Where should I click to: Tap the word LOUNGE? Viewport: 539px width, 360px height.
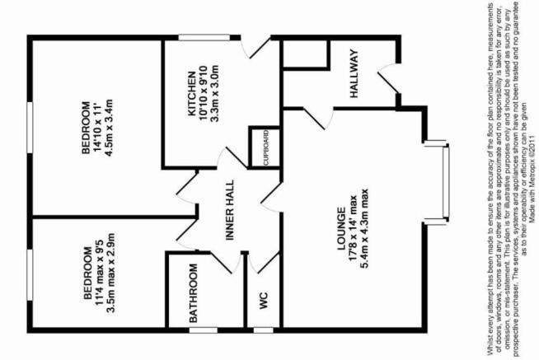341,229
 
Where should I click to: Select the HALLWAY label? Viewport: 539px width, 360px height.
354,73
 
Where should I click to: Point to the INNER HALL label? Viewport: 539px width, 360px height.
229,210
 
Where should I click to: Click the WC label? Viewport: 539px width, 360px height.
263,301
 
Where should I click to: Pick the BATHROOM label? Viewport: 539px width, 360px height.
193,293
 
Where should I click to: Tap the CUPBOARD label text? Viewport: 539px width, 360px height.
265,148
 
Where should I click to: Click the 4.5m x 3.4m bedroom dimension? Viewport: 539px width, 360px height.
109,128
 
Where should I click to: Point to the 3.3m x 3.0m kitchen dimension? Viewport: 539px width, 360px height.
214,93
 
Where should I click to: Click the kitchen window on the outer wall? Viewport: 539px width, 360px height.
204,37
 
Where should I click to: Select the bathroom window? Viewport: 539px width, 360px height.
204,330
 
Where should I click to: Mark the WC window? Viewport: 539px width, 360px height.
263,330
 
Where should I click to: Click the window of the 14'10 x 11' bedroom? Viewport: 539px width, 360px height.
30,127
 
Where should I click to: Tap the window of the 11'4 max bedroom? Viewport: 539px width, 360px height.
30,275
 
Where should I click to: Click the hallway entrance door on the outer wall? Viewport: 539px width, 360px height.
389,78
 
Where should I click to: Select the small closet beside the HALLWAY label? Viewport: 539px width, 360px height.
305,54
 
